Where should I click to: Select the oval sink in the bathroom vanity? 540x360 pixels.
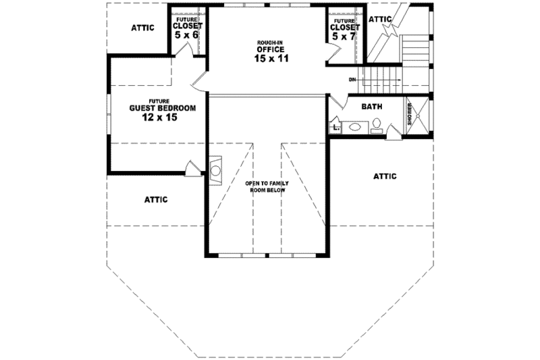354,125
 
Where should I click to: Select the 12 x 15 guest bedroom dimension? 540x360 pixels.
162,118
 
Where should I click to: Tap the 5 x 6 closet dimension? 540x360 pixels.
186,34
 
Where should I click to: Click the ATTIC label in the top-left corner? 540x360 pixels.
142,28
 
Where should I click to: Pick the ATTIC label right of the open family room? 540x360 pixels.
385,176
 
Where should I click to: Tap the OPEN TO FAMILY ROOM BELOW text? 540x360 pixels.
265,187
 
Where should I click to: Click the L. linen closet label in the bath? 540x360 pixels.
335,126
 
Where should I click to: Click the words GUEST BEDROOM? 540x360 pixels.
163,108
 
